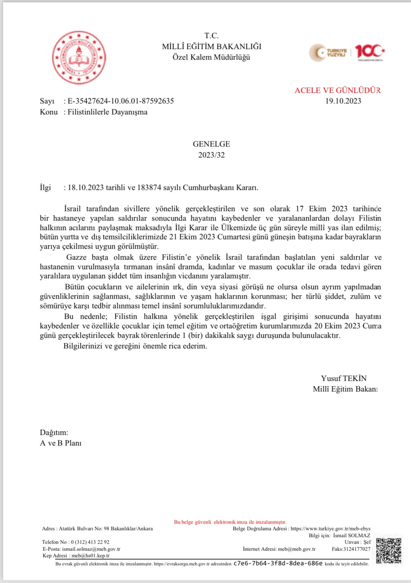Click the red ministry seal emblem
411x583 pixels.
[79, 58]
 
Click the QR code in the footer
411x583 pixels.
[389, 550]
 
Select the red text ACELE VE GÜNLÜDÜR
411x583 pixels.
[338, 90]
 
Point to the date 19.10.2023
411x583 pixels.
[343, 101]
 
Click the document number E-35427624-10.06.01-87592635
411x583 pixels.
[121, 101]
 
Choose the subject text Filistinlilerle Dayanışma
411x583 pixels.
[107, 112]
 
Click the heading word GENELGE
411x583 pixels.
[211, 144]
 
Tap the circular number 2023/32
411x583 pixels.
[211, 155]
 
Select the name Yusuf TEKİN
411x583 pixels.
[343, 378]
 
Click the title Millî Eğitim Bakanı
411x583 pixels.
[345, 389]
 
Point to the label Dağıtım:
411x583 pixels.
[54, 433]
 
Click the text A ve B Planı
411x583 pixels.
[61, 443]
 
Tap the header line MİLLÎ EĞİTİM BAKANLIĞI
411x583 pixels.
[212, 46]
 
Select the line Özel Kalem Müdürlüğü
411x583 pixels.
[211, 57]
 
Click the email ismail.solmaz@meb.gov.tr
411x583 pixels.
[91, 549]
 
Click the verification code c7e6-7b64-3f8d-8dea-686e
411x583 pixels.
[278, 563]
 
